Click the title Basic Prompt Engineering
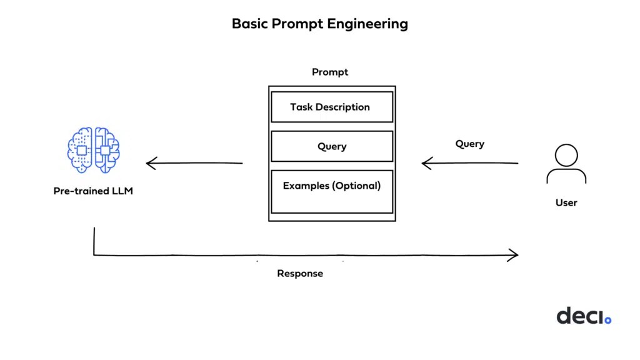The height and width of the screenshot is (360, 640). point(319,24)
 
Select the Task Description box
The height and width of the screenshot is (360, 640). point(331,107)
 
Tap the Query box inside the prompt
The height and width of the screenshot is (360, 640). point(331,146)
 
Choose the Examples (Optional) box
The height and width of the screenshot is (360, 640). point(331,191)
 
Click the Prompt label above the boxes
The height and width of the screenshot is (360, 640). point(330,72)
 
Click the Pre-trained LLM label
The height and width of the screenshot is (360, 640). point(93,191)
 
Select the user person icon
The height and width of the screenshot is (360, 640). point(566,164)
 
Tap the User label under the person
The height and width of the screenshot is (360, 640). point(566,202)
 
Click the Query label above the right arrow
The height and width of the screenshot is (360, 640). point(469,144)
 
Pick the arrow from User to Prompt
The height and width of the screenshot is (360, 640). point(470,164)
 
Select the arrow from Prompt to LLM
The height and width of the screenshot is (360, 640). point(194,164)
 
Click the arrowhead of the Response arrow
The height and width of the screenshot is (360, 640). point(513,255)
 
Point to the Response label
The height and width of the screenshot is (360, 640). point(300,274)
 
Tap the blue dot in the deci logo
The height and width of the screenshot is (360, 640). point(607,321)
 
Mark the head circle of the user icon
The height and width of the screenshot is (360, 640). point(566,154)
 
